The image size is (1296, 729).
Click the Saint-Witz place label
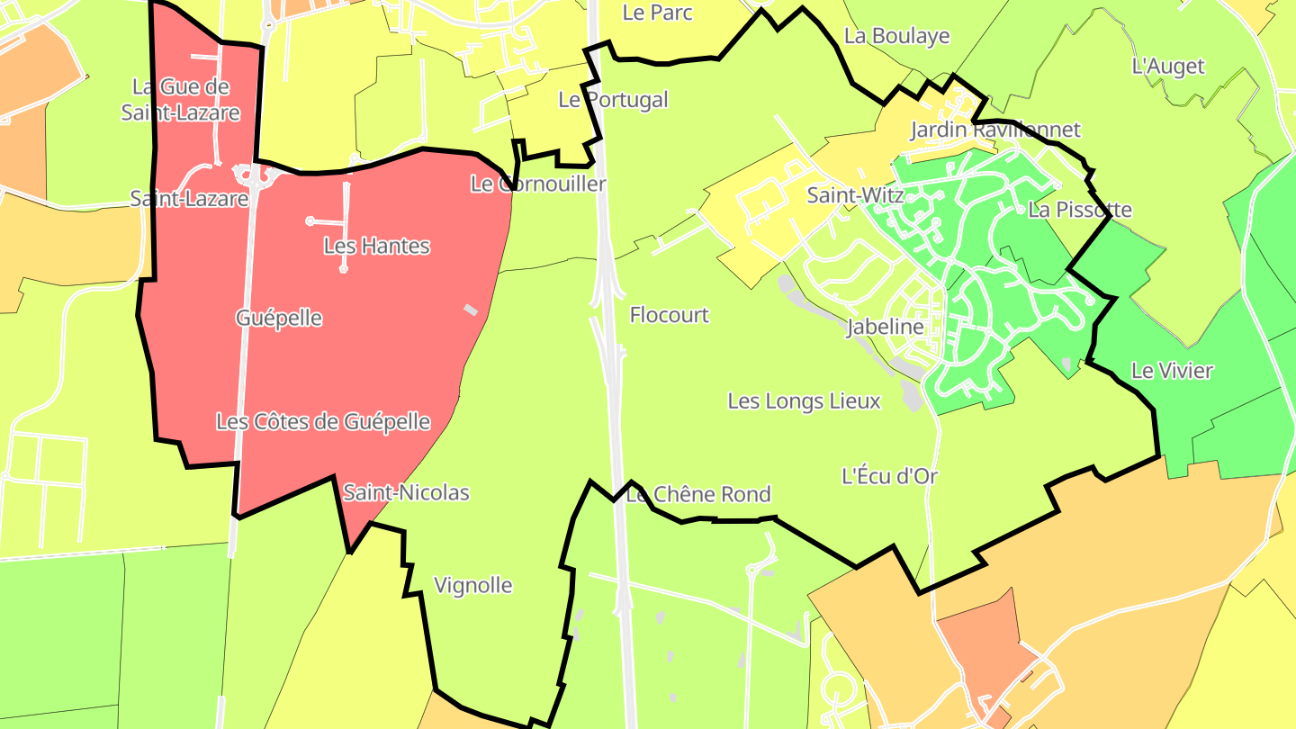(855, 194)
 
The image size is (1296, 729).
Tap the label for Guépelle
(279, 318)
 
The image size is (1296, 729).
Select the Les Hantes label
(376, 246)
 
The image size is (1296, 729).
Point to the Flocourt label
(669, 315)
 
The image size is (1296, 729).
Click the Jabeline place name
(885, 327)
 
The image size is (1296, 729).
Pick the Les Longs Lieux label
(804, 400)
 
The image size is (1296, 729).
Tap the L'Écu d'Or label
(889, 476)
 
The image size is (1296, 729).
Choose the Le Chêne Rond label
(698, 494)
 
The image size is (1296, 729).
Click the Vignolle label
(472, 586)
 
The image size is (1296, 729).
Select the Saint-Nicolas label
(406, 492)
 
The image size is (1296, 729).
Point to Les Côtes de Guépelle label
(323, 421)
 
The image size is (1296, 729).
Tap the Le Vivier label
(1172, 370)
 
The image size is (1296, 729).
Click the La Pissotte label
(1080, 210)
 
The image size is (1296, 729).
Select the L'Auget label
(1167, 66)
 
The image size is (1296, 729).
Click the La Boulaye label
(896, 36)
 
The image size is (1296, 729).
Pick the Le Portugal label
(613, 100)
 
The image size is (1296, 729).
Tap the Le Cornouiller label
(538, 184)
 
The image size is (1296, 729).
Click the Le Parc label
(657, 13)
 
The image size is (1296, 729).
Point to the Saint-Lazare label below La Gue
(189, 198)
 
